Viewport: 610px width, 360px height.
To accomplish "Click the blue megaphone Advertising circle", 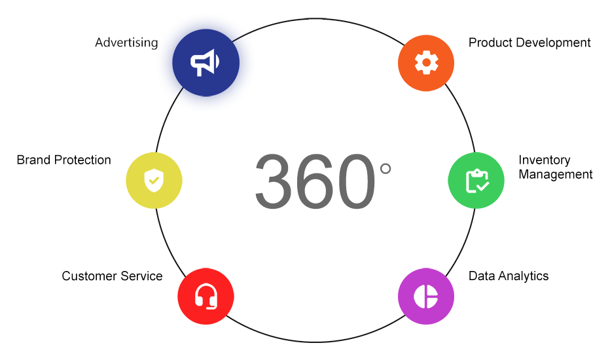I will click(206, 63).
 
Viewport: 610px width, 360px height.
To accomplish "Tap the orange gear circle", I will click(426, 63).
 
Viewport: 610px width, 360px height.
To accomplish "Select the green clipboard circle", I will click(476, 181).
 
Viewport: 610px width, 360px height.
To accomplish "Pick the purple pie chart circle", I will click(426, 296).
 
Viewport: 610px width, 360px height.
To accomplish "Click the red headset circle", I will click(206, 296).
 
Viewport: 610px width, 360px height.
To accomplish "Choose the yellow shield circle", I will click(154, 181).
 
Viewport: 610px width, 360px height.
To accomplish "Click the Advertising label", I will click(126, 43).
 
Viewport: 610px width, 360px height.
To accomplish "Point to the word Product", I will click(489, 43).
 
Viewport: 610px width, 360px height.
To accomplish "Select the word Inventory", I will click(545, 160).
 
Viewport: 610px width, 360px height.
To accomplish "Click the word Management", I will click(556, 174).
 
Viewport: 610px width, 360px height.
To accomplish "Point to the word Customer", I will click(90, 276).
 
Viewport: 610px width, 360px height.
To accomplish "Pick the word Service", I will click(142, 276).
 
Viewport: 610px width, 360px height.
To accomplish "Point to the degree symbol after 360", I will click(386, 169).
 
